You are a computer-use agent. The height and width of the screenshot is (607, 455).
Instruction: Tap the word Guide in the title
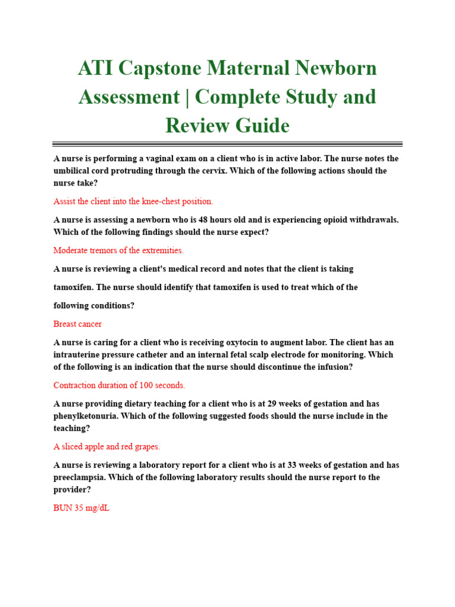(x=261, y=125)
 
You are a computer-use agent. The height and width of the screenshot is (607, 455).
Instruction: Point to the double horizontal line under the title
(x=227, y=143)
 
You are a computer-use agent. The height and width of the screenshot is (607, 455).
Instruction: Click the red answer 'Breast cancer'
(x=78, y=324)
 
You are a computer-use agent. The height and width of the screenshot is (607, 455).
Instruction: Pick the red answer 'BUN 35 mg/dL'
(x=81, y=508)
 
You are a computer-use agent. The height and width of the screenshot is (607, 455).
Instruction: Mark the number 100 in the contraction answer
(x=146, y=385)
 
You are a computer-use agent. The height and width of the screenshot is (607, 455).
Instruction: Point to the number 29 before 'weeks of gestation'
(x=273, y=404)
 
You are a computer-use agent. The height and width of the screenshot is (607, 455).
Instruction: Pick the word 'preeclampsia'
(x=79, y=477)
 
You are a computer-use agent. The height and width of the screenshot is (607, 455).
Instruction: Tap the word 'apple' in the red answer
(x=96, y=447)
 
